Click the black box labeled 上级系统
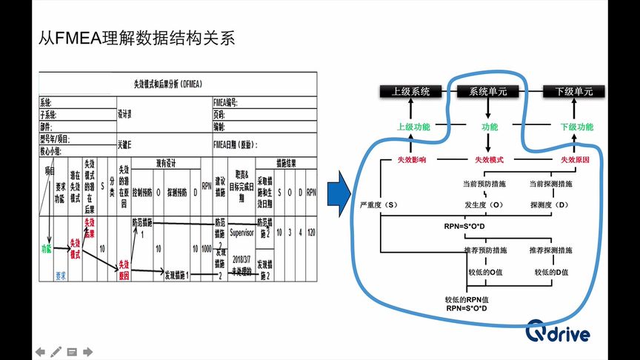[411, 92]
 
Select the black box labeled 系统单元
[488, 92]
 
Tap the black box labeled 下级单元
[568, 92]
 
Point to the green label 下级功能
[576, 127]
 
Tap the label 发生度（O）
[485, 203]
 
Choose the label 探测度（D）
[550, 203]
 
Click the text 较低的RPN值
[465, 299]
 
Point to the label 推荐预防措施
[485, 250]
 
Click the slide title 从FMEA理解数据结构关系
[136, 38]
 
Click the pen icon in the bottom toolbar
[56, 351]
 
